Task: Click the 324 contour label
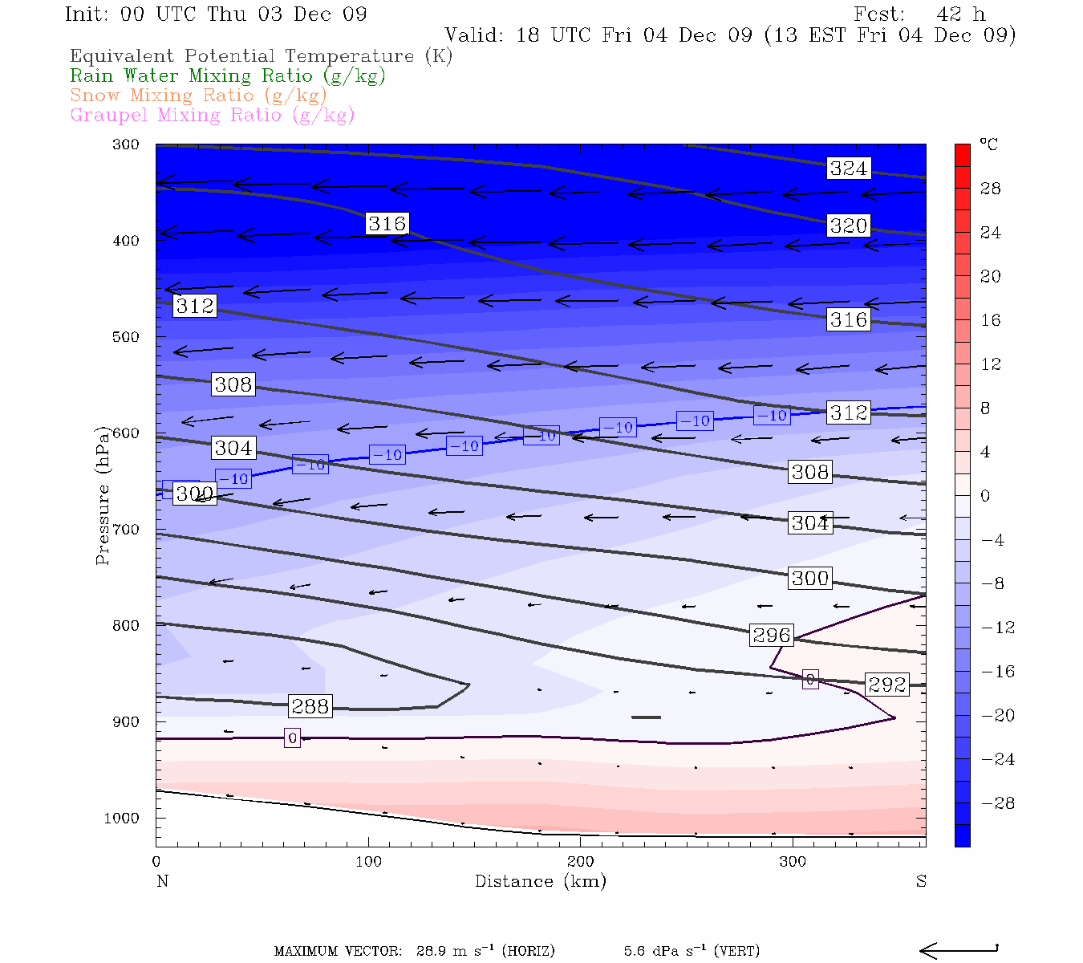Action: click(848, 169)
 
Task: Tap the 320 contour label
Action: click(848, 226)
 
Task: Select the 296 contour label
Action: click(772, 636)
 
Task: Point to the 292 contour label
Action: click(887, 685)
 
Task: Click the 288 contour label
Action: click(310, 706)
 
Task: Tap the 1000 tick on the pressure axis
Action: click(122, 819)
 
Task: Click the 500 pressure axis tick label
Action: click(126, 337)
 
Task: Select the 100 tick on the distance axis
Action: click(368, 862)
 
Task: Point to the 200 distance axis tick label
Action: click(581, 862)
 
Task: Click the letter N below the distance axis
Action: click(162, 881)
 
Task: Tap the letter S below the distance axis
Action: click(921, 881)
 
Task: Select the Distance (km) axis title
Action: click(540, 881)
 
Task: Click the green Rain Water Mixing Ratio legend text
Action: click(228, 76)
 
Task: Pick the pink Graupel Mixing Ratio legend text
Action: click(213, 115)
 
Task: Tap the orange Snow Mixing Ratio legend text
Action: click(198, 95)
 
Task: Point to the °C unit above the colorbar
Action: click(988, 145)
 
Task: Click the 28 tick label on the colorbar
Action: click(991, 189)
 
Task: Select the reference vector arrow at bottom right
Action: click(958, 951)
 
